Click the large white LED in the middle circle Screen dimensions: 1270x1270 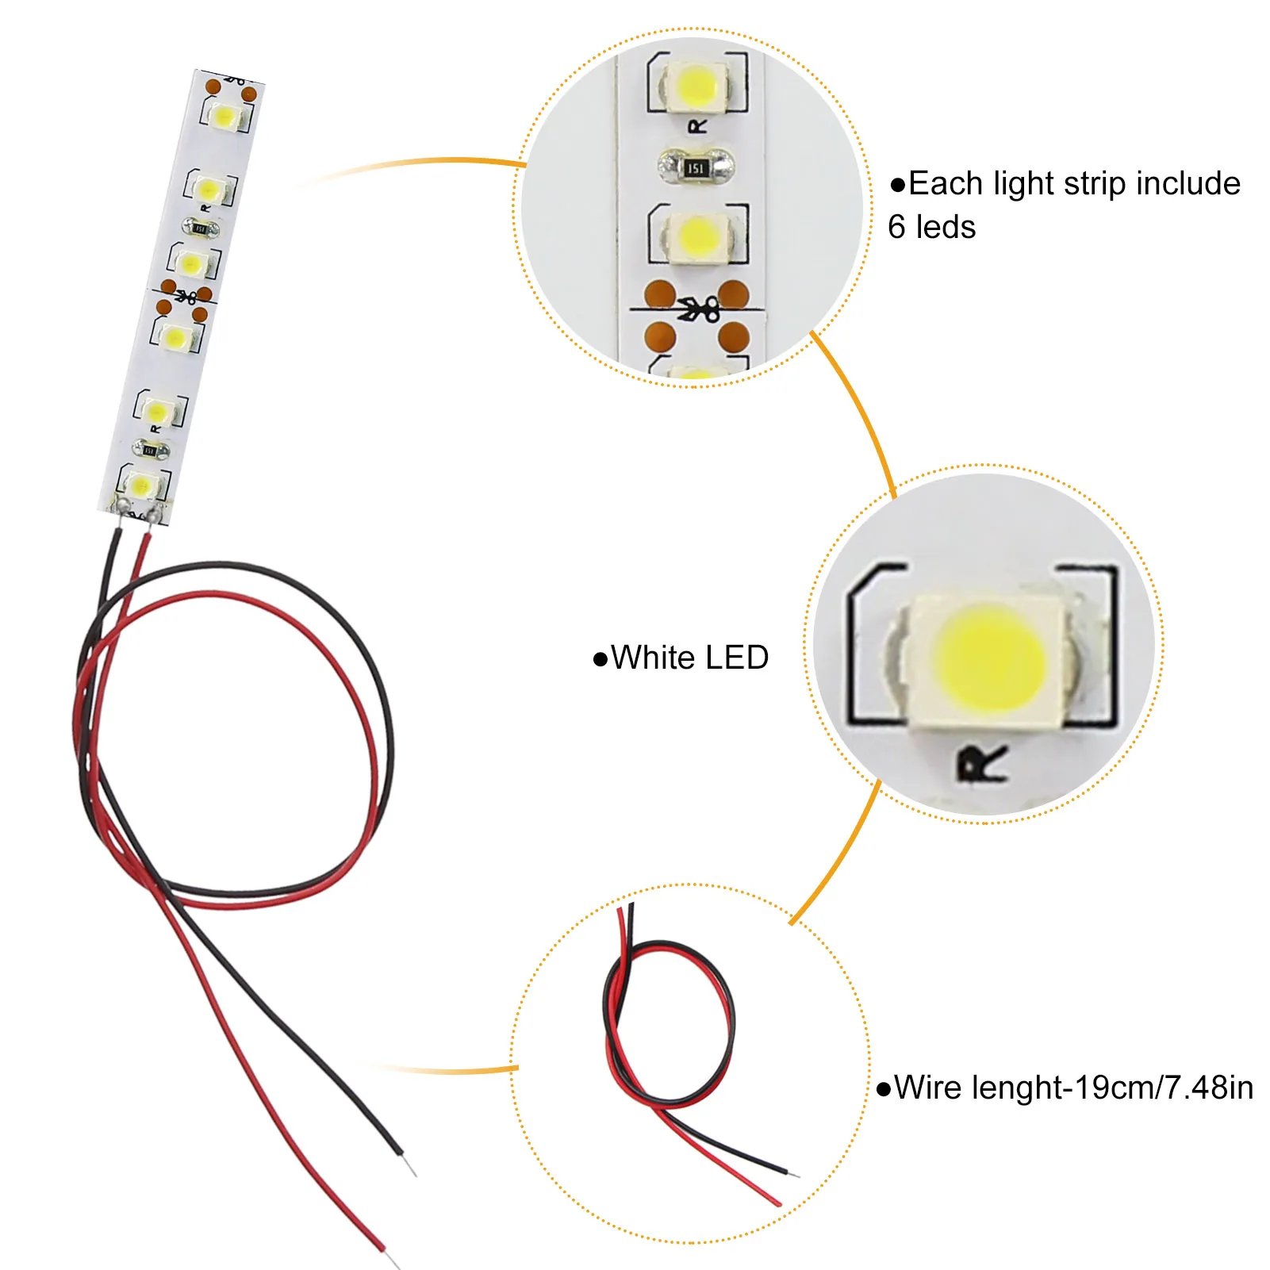pyautogui.click(x=988, y=658)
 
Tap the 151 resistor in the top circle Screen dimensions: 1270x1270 pyautogui.click(x=696, y=167)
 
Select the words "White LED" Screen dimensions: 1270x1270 pyautogui.click(x=689, y=658)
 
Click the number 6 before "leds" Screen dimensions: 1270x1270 pyautogui.click(x=896, y=227)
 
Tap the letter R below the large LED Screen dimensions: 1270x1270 pyautogui.click(x=982, y=764)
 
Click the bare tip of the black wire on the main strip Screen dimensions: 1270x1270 pyautogui.click(x=410, y=1166)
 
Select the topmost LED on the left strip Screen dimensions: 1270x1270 pyautogui.click(x=224, y=117)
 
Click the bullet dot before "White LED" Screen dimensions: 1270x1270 pyautogui.click(x=600, y=659)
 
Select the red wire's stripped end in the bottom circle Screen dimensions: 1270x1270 pyautogui.click(x=777, y=1203)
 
